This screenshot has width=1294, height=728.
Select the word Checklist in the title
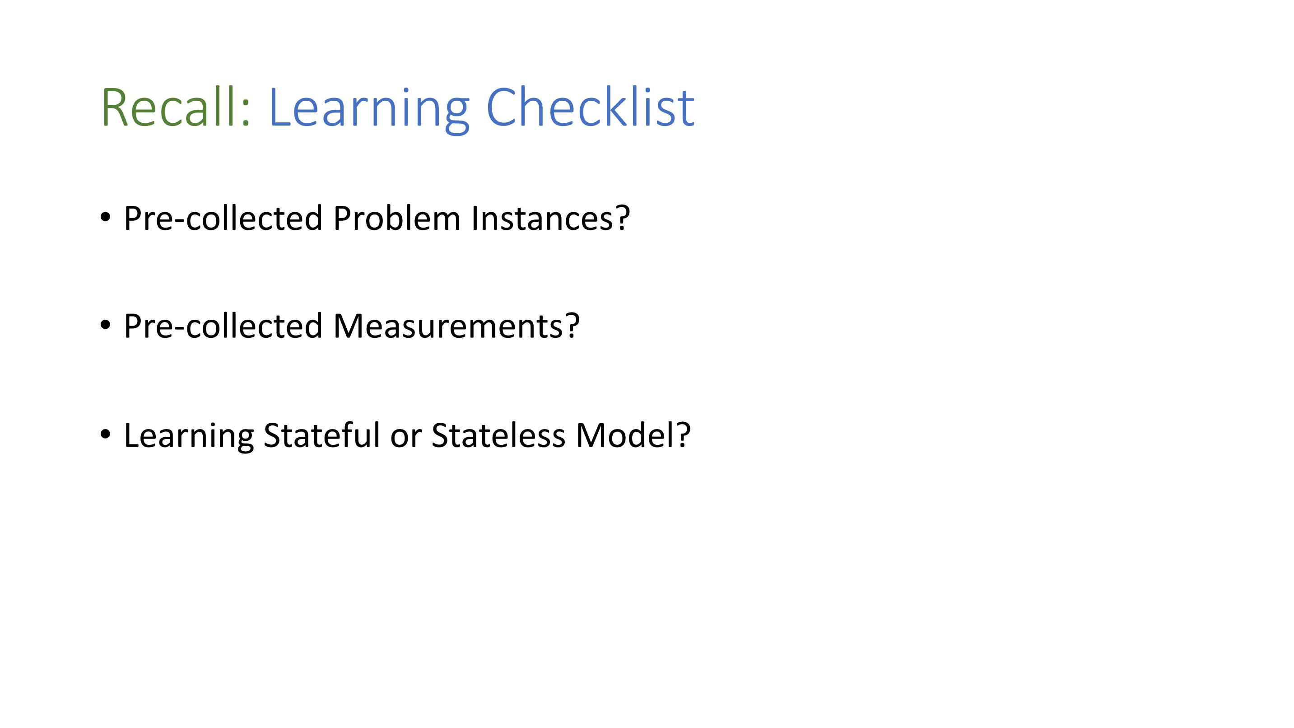590,107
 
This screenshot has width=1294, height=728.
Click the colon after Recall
245,113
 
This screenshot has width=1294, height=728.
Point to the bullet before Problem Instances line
105,218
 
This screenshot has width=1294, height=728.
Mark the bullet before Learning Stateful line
105,434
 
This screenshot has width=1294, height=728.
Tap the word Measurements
449,327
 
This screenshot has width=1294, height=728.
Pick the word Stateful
321,434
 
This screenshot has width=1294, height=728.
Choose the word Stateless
498,435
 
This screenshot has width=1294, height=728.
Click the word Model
625,435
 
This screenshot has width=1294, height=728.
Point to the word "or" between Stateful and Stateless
405,439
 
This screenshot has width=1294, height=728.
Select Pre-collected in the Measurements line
223,326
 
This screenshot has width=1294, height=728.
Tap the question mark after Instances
622,218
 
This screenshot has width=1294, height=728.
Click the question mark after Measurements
573,326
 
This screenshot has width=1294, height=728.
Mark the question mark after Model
683,434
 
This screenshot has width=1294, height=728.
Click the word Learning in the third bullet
189,437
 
